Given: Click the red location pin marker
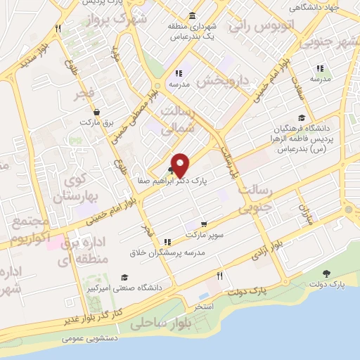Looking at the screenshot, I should point(181,165).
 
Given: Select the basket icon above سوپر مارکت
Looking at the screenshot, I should point(204,224).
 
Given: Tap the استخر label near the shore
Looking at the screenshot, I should point(205,307).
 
